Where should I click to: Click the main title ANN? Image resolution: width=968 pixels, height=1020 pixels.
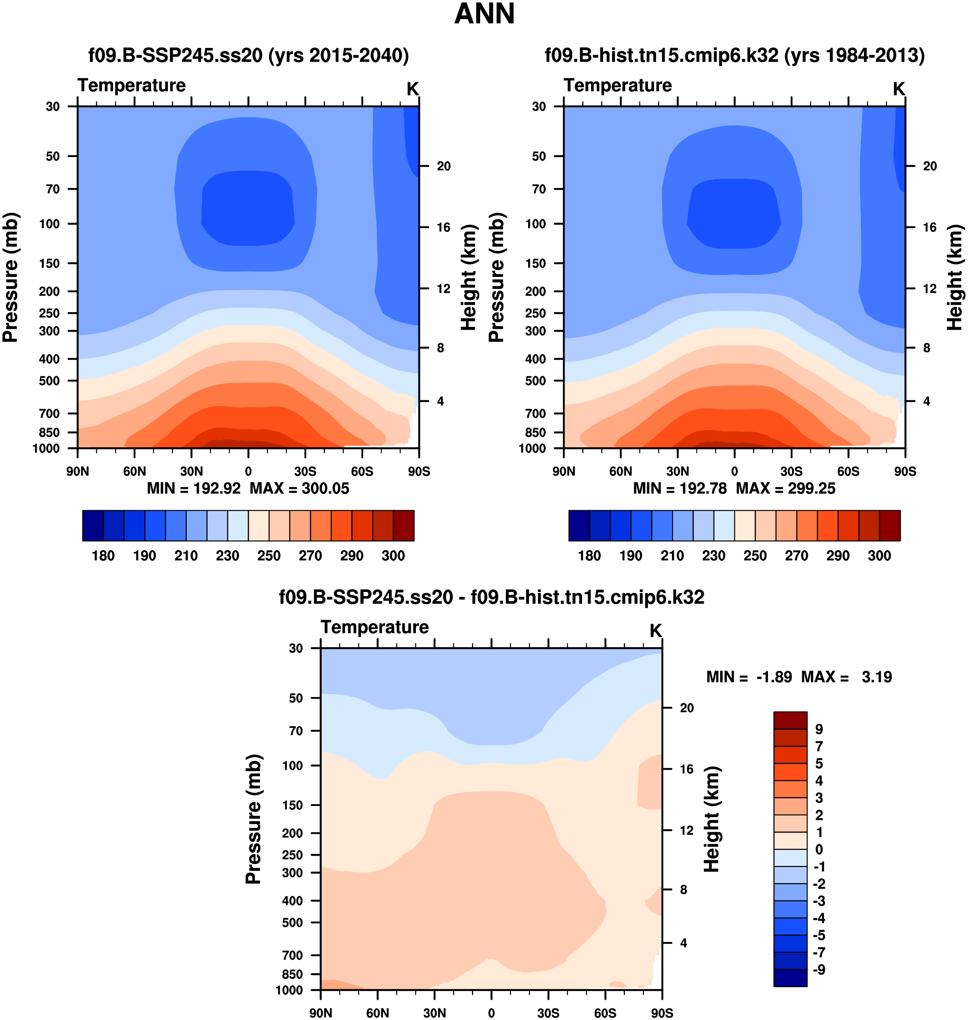484,14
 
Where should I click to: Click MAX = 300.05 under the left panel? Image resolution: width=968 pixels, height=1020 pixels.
299,488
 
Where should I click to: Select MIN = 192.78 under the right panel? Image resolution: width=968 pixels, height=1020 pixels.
680,488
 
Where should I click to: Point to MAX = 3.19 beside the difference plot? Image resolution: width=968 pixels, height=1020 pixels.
846,677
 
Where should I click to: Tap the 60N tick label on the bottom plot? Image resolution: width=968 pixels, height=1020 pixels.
378,1013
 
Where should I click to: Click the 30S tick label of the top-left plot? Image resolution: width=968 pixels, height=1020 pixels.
305,471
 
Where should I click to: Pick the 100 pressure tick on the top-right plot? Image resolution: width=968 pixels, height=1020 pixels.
535,224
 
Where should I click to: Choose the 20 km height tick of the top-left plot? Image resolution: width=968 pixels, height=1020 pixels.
443,166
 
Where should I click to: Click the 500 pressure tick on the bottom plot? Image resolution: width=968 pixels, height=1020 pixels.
292,922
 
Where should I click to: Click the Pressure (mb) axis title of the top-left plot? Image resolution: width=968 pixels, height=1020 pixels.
10,277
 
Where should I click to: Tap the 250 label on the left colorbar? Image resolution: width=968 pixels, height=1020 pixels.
269,556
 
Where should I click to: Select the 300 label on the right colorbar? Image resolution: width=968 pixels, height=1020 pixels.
879,556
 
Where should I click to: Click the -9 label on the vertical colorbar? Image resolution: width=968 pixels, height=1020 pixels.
819,970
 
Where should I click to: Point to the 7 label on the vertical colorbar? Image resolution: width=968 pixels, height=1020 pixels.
819,746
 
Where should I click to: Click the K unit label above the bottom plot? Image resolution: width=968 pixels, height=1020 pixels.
655,630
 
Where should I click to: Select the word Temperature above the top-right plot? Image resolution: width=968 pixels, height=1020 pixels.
618,85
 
